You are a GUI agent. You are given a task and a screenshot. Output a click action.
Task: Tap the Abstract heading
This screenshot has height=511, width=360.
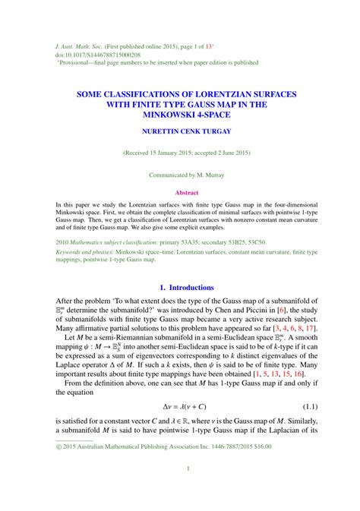187,193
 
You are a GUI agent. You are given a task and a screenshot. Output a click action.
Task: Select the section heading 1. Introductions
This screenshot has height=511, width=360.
187,287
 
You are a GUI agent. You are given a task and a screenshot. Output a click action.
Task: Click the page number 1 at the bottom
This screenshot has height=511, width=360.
187,490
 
